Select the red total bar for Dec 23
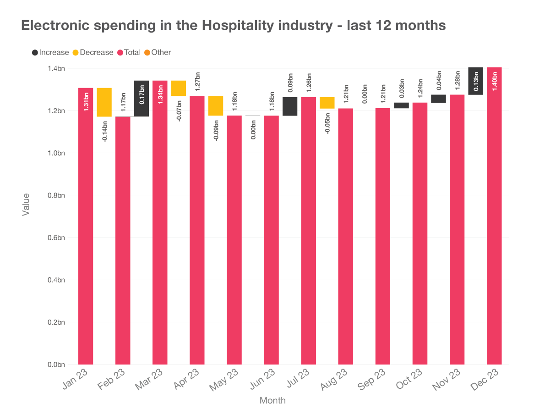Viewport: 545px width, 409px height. point(494,229)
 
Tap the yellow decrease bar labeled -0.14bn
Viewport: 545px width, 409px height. point(104,102)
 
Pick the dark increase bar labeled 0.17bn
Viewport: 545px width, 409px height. point(141,98)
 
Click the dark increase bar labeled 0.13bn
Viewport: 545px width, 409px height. point(476,81)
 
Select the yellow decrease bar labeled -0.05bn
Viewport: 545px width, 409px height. point(327,103)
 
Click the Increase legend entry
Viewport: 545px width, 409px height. point(50,52)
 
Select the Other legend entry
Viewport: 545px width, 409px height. point(158,52)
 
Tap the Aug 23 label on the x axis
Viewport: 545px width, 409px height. point(333,380)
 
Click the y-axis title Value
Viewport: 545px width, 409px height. point(26,204)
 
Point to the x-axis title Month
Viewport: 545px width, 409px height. point(272,400)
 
